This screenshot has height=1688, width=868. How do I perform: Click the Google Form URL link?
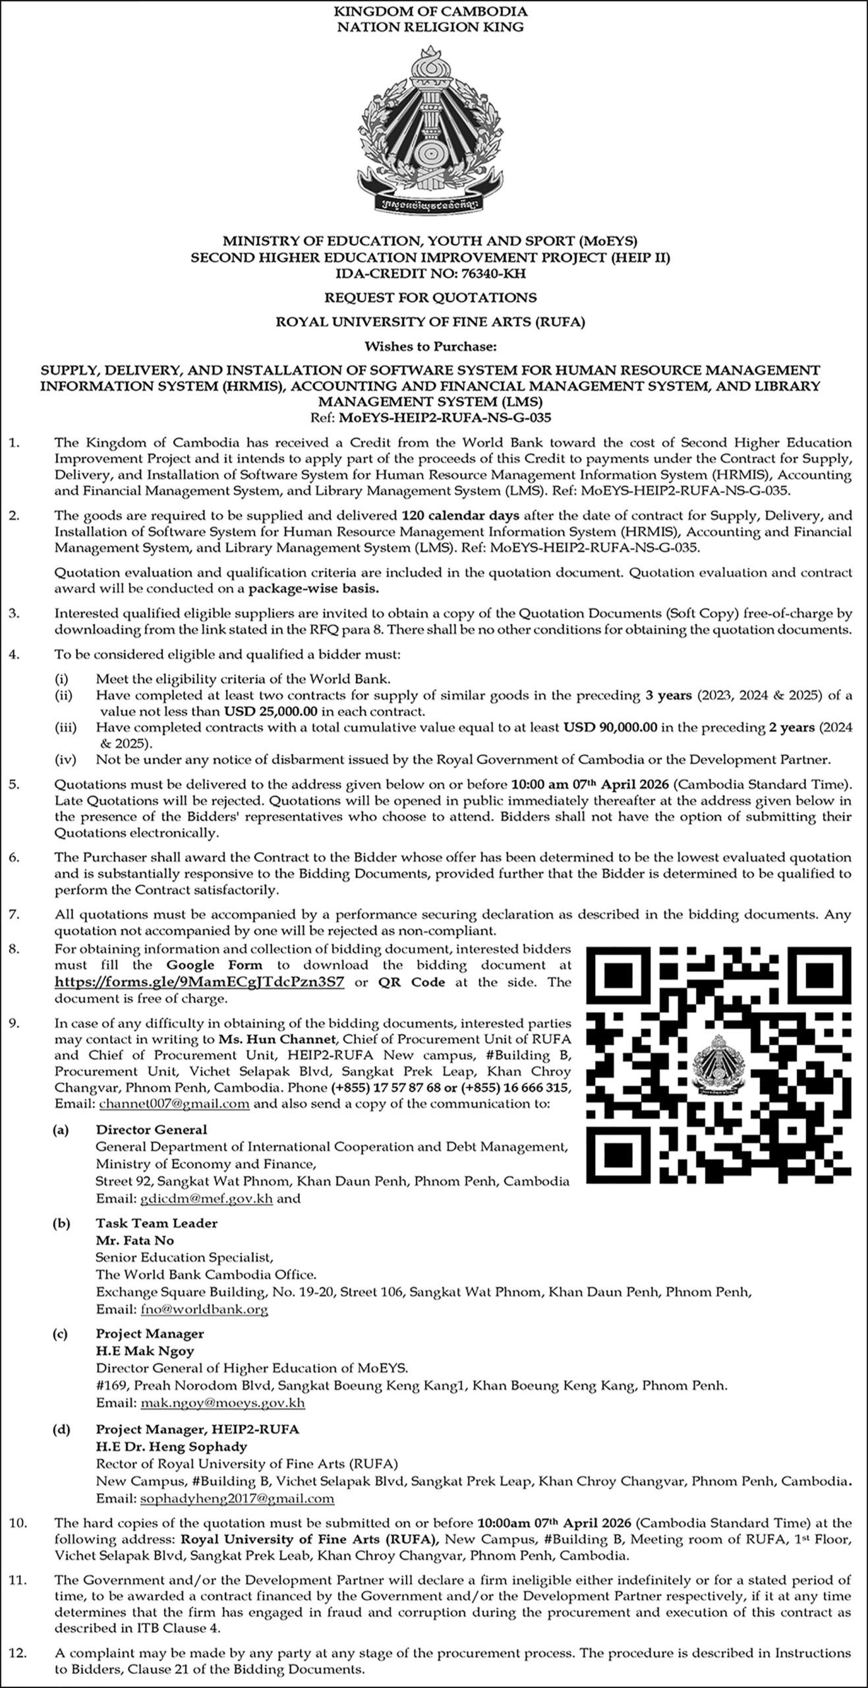[199, 982]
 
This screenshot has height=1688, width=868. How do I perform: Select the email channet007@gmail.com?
[174, 1104]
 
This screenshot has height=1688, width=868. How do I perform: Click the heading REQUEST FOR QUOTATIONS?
[430, 297]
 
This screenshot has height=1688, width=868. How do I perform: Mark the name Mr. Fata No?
[135, 1240]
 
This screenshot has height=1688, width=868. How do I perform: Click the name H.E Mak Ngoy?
[145, 1350]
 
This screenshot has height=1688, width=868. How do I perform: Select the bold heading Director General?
[152, 1130]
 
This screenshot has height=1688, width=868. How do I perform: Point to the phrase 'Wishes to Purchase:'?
[430, 346]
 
